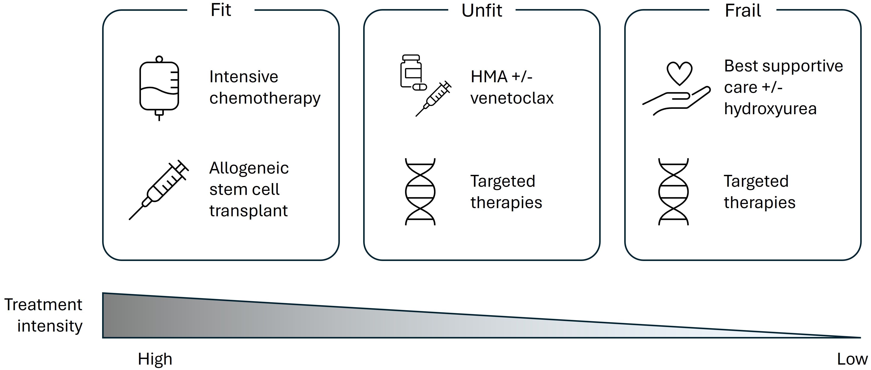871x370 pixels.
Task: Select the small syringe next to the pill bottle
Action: click(434, 99)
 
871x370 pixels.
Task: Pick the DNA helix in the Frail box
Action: click(673, 192)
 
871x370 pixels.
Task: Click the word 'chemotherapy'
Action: click(265, 99)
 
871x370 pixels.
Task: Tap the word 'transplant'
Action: click(248, 211)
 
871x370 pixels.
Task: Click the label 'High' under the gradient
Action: click(155, 359)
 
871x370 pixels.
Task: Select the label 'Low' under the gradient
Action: click(852, 359)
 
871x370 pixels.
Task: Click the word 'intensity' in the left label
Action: click(50, 326)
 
